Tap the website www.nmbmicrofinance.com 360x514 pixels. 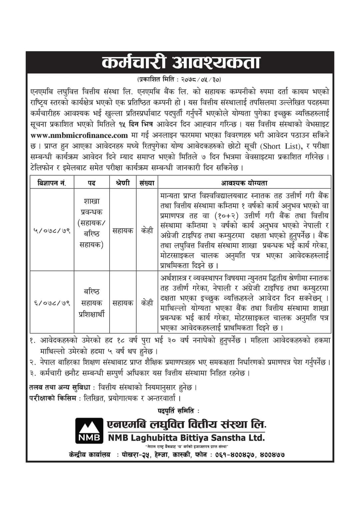click(x=79, y=135)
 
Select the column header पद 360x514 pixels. click(x=92, y=183)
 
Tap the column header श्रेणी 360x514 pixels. click(x=123, y=183)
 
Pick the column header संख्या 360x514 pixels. click(x=147, y=183)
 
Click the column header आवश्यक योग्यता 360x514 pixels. click(x=244, y=183)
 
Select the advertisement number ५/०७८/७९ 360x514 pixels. click(x=52, y=230)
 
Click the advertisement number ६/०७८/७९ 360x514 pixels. click(x=52, y=303)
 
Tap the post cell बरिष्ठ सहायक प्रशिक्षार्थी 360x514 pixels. click(x=92, y=303)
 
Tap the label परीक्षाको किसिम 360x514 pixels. click(x=53, y=398)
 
